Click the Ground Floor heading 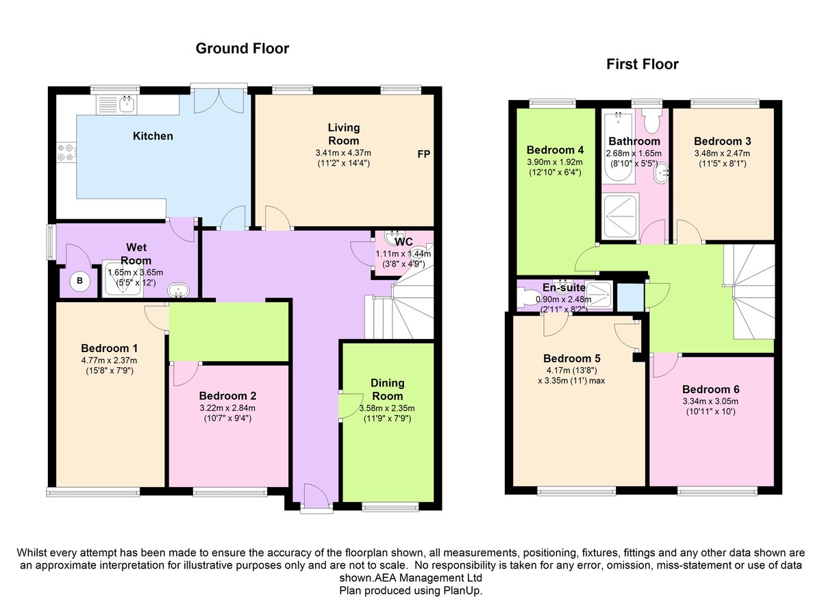(x=242, y=49)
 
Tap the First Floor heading (x=643, y=64)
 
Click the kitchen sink (x=127, y=104)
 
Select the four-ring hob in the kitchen (x=66, y=152)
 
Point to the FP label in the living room (x=423, y=154)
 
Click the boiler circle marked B (x=79, y=281)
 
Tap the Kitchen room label (x=153, y=136)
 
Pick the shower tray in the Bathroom (x=621, y=216)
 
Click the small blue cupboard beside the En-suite (x=630, y=297)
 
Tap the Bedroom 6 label (x=710, y=389)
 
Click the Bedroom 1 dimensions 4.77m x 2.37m (x=110, y=360)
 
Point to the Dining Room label (x=387, y=389)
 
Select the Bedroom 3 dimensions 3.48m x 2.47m (x=722, y=153)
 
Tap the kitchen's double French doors (x=219, y=101)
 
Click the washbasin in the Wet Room (x=178, y=290)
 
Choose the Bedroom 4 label (x=555, y=150)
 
